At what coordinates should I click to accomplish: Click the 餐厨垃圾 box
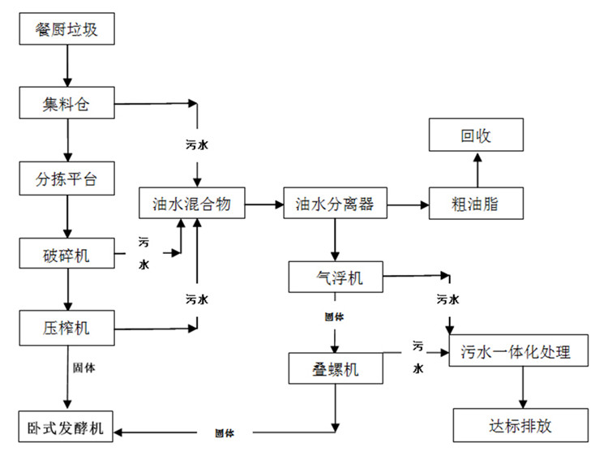pos(68,31)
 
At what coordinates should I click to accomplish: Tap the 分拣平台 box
pos(68,179)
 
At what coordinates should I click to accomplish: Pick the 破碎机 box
pos(68,256)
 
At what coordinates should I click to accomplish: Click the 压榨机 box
pos(68,328)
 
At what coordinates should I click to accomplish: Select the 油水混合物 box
pos(192,204)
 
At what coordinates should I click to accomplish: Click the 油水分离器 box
pos(333,204)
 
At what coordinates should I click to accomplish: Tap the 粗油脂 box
pos(476,204)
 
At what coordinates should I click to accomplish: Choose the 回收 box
pos(476,135)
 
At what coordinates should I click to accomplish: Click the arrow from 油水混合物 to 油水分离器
pos(264,204)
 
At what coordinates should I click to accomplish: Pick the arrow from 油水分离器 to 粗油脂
pos(406,204)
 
